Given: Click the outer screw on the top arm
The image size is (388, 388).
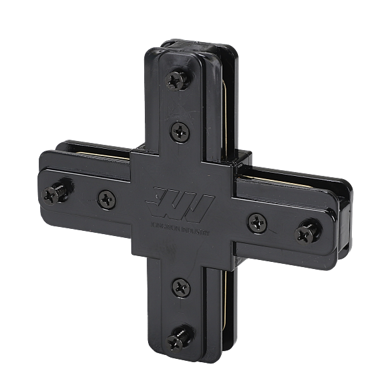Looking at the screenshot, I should coord(175,80).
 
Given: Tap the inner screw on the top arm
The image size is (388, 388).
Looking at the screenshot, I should coord(178,134).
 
